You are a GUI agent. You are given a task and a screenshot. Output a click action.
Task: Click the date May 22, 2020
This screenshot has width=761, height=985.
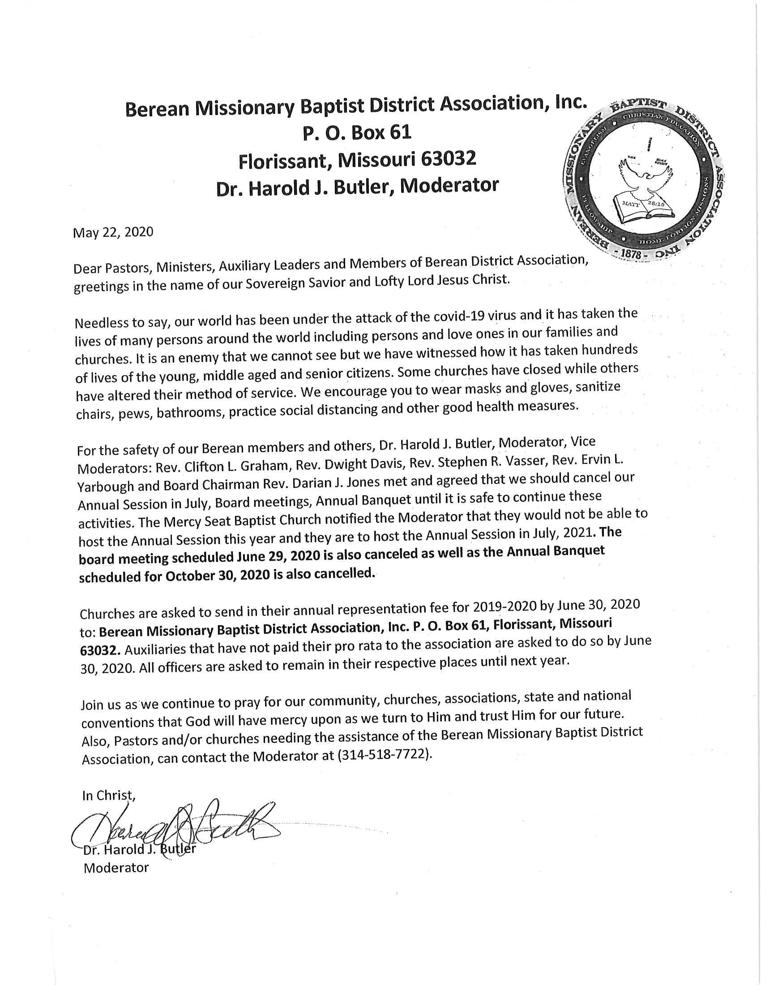tap(113, 232)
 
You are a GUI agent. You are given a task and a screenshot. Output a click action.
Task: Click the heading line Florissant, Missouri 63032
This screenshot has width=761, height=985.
tap(357, 159)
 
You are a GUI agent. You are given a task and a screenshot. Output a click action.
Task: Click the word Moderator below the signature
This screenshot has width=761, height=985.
tap(116, 867)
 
